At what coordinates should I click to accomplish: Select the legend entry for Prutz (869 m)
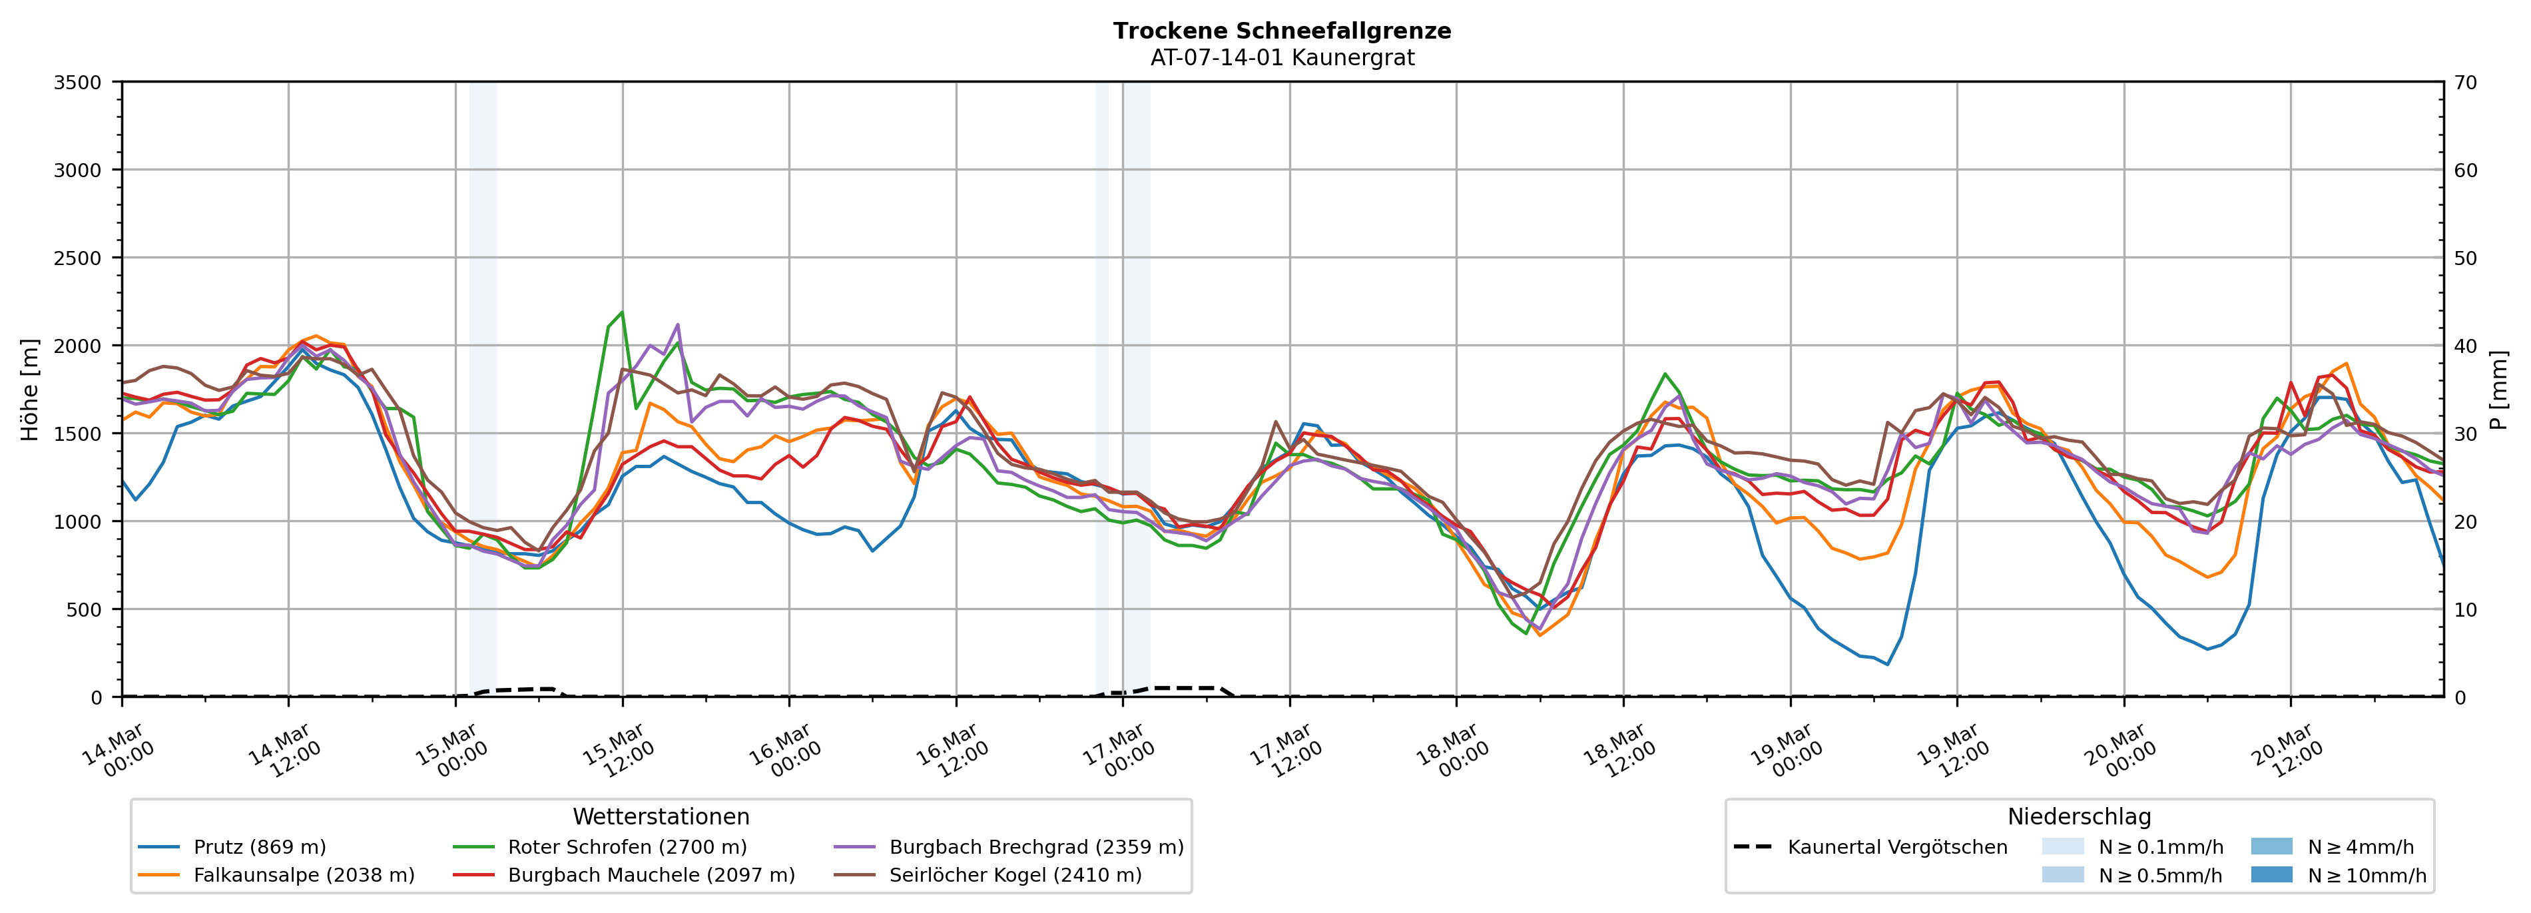260,847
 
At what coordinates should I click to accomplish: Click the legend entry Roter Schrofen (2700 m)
627,847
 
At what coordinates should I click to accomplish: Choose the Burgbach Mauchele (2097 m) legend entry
651,874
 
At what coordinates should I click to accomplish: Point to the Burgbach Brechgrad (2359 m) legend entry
1035,847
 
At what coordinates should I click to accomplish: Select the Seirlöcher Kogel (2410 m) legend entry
1015,874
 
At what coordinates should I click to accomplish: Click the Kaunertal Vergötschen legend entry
1897,847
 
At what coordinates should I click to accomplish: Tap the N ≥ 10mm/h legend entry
2366,874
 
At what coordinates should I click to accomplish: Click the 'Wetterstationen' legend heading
661,816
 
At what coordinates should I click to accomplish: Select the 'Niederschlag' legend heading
2079,816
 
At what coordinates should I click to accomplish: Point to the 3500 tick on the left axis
78,83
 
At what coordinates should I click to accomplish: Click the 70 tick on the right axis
2465,83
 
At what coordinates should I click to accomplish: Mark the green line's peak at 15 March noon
621,312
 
